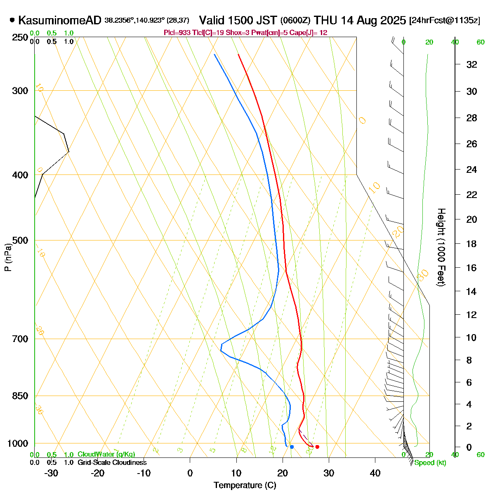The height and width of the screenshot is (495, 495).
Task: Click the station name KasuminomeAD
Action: [60, 20]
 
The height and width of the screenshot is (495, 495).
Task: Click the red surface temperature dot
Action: [317, 447]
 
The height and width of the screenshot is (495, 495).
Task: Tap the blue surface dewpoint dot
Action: [292, 447]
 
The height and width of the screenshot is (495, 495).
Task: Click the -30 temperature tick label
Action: [51, 473]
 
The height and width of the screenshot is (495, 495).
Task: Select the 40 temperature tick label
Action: [375, 473]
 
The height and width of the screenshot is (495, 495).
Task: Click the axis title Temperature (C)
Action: [245, 485]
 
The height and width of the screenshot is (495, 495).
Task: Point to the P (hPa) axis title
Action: [7, 257]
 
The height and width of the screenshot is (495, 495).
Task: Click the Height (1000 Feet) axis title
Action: [441, 247]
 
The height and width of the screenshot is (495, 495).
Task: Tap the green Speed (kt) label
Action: [430, 463]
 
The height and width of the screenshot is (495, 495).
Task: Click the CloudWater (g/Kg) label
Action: [106, 455]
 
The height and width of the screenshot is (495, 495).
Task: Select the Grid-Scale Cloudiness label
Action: [112, 462]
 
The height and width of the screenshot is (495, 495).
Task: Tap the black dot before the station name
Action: [12, 20]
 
